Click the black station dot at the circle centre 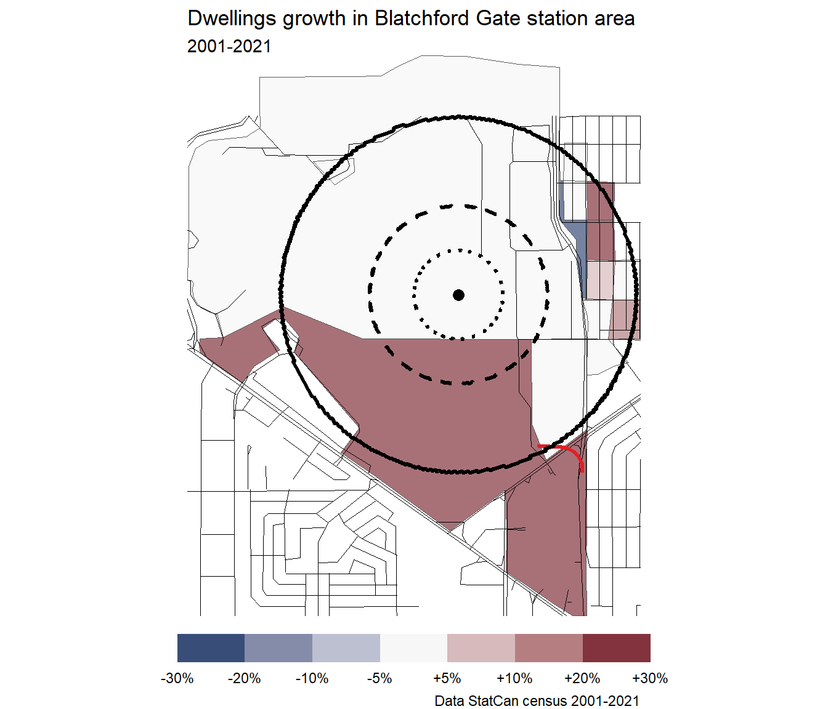[x=458, y=295]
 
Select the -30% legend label [x=177, y=678]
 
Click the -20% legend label [x=245, y=678]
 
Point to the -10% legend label [x=312, y=678]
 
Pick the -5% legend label [x=379, y=678]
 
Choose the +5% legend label [x=447, y=678]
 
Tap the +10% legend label [x=514, y=678]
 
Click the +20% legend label [x=582, y=678]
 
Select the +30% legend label [x=650, y=678]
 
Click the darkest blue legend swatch [x=211, y=648]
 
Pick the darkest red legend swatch [x=616, y=648]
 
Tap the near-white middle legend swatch [x=413, y=648]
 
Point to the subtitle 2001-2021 [x=229, y=47]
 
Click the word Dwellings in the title [x=232, y=19]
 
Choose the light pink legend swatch [x=481, y=648]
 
